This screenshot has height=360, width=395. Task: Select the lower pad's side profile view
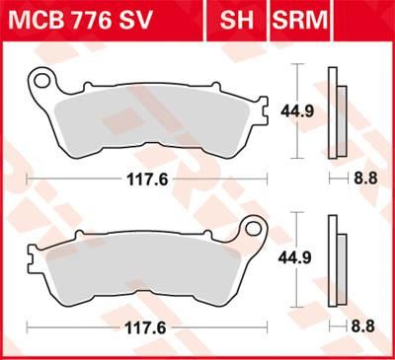pyautogui.click(x=337, y=261)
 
